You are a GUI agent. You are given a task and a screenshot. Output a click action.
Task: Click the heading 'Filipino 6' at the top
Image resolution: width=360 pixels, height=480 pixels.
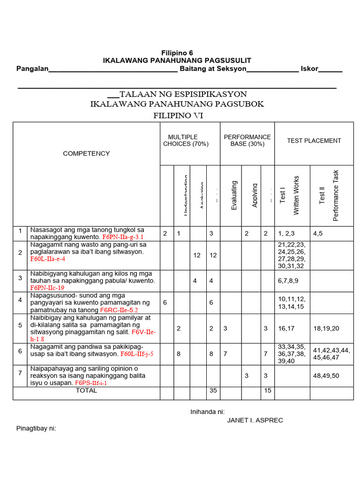[x=177, y=53]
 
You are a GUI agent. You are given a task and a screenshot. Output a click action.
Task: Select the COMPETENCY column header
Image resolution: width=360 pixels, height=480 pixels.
[x=87, y=153]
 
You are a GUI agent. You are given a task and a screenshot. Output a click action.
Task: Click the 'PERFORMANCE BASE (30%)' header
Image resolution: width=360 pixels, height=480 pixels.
[x=247, y=140]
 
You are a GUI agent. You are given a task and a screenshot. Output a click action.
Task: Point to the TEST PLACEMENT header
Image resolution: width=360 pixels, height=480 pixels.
[x=314, y=140]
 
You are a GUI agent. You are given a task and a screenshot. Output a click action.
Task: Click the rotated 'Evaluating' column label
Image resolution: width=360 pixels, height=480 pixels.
[x=234, y=195]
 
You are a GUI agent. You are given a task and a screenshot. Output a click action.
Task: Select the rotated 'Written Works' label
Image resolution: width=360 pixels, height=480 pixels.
[x=296, y=195]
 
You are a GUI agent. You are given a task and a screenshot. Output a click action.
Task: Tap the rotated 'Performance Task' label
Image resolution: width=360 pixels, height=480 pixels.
[x=336, y=195]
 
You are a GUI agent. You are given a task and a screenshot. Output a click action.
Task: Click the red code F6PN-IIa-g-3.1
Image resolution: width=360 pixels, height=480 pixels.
[x=123, y=237]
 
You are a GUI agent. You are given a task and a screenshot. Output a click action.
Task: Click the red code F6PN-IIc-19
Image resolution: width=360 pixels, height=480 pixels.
[x=47, y=288]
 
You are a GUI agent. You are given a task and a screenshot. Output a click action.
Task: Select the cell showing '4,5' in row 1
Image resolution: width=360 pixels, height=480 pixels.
[x=318, y=233]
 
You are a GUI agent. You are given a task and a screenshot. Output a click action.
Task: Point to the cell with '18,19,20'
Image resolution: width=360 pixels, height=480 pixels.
[x=326, y=329]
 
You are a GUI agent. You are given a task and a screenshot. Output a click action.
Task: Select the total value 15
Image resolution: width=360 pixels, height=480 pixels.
[x=267, y=390]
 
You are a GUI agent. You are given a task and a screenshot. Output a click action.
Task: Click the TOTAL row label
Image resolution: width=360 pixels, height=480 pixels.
[x=87, y=390]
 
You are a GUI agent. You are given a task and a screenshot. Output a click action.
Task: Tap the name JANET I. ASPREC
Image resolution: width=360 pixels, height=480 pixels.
[x=255, y=420]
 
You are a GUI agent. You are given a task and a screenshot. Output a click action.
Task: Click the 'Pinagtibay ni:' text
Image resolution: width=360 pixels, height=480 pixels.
[x=36, y=428]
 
